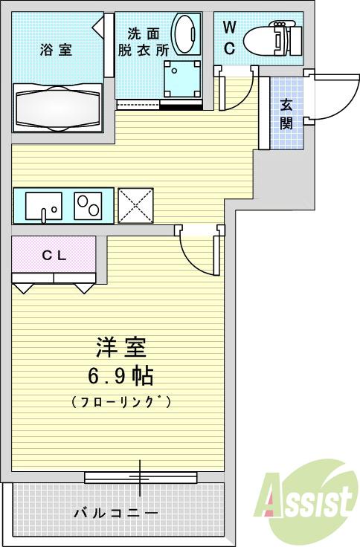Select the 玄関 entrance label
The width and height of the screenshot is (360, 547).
[286, 114]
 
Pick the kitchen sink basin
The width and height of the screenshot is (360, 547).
[44, 206]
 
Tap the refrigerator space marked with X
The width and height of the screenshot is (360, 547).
[135, 205]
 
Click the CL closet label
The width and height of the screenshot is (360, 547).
[54, 255]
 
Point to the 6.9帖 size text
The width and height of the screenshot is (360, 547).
[120, 376]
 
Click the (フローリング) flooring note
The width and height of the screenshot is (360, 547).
[121, 402]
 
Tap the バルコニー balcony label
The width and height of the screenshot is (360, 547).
[115, 514]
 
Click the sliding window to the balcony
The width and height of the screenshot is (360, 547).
[140, 476]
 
